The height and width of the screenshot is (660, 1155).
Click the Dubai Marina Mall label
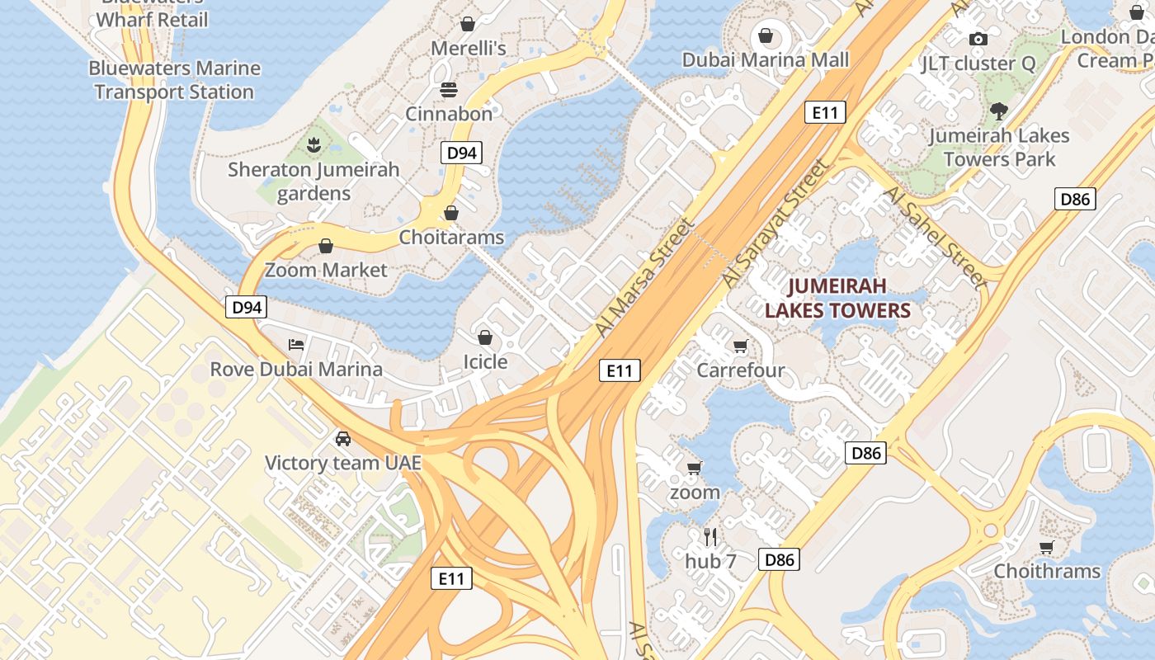[x=765, y=60]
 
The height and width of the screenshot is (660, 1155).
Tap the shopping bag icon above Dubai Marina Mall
[x=766, y=35]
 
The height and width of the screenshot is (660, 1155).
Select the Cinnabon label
[x=448, y=114]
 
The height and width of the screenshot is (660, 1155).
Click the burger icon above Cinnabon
[x=449, y=89]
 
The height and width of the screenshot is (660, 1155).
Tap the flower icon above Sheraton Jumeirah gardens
[x=313, y=146]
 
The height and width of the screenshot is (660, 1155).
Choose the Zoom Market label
[x=326, y=270]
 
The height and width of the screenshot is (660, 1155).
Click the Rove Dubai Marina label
[x=296, y=369]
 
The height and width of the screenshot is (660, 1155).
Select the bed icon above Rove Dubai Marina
[x=296, y=344]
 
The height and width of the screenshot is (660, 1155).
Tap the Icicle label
[x=485, y=361]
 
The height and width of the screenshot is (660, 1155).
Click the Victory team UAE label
[x=343, y=463]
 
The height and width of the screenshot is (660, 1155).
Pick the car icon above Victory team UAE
[x=343, y=438]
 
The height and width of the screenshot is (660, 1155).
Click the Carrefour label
[x=741, y=370]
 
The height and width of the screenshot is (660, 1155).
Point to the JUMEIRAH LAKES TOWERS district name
[x=837, y=299]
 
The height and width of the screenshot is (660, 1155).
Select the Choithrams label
[x=1047, y=571]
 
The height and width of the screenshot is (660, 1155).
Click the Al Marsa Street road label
[x=644, y=277]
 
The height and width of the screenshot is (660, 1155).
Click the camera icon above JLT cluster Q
[x=978, y=39]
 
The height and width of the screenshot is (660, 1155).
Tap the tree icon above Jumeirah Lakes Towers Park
[x=999, y=111]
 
